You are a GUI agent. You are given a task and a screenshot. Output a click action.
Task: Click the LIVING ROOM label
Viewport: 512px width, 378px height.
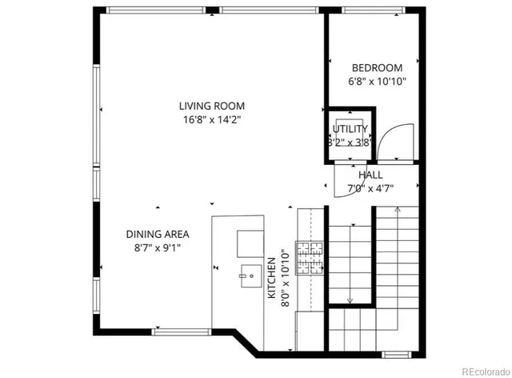click(x=211, y=106)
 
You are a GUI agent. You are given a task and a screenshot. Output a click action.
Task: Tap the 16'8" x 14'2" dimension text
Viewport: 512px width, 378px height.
click(x=211, y=119)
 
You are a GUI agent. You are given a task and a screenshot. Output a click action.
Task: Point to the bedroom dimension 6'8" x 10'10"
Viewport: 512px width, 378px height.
click(x=378, y=81)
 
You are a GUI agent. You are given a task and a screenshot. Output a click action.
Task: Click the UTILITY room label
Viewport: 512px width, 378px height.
click(x=350, y=129)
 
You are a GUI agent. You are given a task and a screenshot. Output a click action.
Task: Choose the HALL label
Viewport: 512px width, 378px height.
click(x=370, y=175)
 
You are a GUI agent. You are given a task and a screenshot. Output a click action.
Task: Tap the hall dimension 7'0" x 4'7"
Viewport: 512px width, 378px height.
click(x=370, y=188)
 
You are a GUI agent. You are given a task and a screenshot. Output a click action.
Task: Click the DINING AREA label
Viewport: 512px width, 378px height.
click(x=157, y=235)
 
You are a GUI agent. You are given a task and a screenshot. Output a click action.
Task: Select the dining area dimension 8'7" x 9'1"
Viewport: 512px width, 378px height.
click(x=157, y=247)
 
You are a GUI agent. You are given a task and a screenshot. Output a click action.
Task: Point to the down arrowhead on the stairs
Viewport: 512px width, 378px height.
click(x=350, y=301)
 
